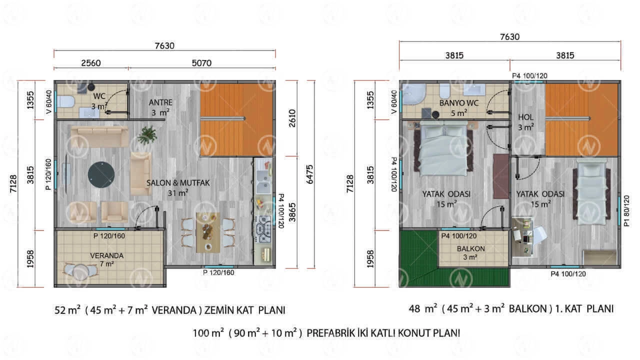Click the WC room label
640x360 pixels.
tap(99, 96)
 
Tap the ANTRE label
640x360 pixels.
tap(160, 102)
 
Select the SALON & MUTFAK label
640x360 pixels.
tap(178, 183)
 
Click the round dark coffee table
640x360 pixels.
tap(101, 174)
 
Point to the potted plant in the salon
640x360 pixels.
tap(147, 135)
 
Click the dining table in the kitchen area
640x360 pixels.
tap(208, 232)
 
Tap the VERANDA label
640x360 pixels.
tap(107, 255)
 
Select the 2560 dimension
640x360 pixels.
tap(91, 63)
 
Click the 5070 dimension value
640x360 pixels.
tap(201, 63)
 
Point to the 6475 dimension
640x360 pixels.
tap(309, 174)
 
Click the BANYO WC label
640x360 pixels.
tap(459, 103)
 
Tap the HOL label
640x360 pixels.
tap(525, 117)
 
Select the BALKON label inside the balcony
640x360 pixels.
tap(471, 248)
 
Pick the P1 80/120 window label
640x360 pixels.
tap(626, 211)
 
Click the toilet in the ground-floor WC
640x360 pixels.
tap(65, 101)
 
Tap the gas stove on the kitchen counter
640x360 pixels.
tap(263, 229)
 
